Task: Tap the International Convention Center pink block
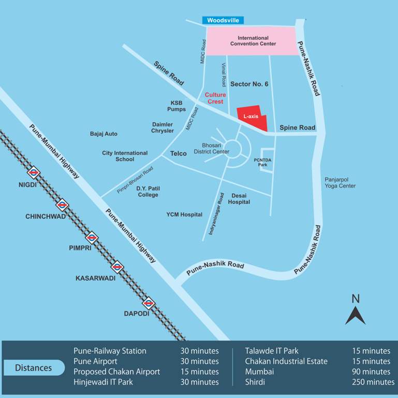(x=253, y=41)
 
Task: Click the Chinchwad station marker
(x=62, y=205)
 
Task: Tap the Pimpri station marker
(x=92, y=237)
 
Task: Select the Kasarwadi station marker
(x=118, y=267)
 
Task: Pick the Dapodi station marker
(x=149, y=303)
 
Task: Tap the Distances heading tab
(x=34, y=368)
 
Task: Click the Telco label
(x=178, y=153)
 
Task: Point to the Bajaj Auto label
(x=104, y=134)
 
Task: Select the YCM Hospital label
(x=184, y=214)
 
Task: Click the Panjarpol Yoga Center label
(x=340, y=182)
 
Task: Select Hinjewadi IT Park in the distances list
(x=103, y=382)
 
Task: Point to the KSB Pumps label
(x=176, y=106)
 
